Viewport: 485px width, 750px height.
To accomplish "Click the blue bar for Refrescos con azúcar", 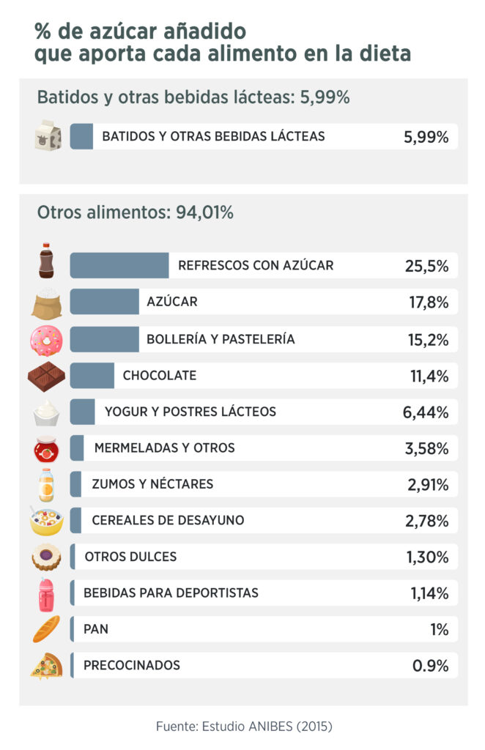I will point(119,265).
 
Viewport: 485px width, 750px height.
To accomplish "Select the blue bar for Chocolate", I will point(92,376).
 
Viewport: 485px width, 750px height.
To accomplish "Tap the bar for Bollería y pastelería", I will point(105,339).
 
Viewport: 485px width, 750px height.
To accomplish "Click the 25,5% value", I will point(426,266).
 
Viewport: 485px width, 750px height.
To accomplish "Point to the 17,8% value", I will point(428,302).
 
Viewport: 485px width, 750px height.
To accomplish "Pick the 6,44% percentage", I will point(425,412).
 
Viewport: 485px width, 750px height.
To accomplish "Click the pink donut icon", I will point(46,340).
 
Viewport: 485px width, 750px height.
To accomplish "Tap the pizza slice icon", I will point(46,666).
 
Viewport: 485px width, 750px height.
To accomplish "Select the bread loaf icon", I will point(46,629).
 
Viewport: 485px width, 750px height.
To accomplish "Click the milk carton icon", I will point(47,136).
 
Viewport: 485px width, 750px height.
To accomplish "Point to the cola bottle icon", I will point(46,261).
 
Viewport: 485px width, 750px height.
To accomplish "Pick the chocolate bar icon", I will point(46,376).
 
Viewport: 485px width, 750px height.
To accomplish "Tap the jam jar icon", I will point(46,448).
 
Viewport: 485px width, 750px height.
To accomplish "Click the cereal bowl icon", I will point(46,521).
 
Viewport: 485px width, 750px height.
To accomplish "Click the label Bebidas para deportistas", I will point(171,593).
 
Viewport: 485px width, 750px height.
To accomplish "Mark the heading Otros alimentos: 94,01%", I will point(135,212).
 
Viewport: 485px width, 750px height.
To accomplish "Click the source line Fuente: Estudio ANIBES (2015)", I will point(244,727).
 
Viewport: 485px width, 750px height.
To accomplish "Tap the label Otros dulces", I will point(130,557).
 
